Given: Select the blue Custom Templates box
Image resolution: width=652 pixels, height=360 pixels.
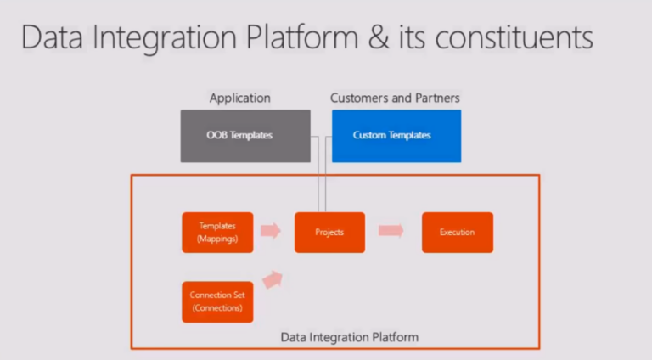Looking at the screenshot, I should click(396, 135).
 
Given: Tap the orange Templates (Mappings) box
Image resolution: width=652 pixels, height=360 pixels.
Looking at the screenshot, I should click(217, 232).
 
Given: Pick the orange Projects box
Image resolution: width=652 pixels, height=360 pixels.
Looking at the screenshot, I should click(329, 232).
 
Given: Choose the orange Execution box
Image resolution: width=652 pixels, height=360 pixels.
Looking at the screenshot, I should click(457, 232).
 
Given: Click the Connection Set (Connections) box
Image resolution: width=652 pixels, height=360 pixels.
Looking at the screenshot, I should click(217, 301).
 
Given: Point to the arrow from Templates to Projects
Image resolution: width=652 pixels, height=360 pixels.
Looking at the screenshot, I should click(270, 231).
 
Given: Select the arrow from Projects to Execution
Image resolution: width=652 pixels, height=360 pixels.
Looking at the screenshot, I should click(391, 231).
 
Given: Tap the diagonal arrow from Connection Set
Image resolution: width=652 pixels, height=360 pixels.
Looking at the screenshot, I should click(273, 278).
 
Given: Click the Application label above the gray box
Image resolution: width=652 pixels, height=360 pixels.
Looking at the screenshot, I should click(240, 98).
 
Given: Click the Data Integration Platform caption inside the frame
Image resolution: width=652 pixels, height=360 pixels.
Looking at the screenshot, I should click(350, 337).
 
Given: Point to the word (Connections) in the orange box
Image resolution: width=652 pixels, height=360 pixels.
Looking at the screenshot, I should click(217, 307).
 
